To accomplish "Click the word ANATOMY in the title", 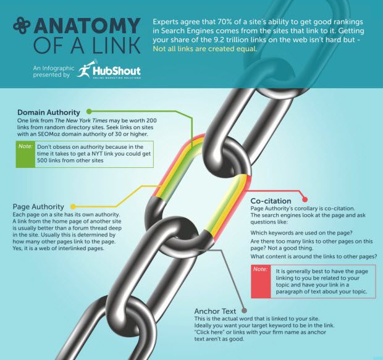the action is tap(88, 25).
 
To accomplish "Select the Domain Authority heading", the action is tap(49, 112).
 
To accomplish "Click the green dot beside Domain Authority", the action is tap(89, 112).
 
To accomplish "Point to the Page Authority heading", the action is tap(38, 207).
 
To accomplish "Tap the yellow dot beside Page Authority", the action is tap(73, 207).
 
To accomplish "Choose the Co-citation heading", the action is tap(271, 201).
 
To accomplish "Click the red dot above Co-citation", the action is tap(305, 199).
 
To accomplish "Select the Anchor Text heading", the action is tap(215, 311).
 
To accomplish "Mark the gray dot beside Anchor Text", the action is tap(244, 311).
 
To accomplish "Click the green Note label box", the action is tap(26, 154).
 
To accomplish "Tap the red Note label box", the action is tap(261, 282).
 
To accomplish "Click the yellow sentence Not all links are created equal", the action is tap(205, 49).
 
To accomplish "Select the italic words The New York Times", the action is tap(81, 120).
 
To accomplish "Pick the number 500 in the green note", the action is tap(42, 161).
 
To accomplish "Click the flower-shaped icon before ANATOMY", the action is tap(22, 25).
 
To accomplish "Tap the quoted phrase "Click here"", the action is tap(209, 332).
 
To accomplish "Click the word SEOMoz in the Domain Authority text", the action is tap(48, 134).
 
